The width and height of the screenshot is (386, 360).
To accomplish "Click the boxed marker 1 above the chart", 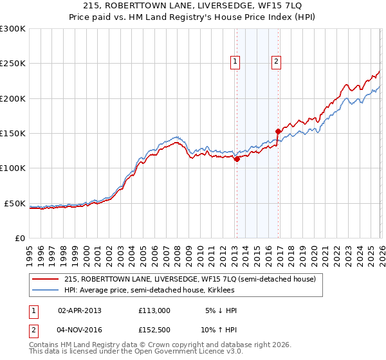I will click(235, 62).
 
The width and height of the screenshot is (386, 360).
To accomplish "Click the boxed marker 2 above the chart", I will click(276, 62).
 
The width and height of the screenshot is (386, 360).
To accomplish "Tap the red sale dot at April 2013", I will click(237, 159).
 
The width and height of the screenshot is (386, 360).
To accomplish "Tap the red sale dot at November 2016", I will click(278, 132).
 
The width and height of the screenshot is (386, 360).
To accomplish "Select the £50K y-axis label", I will click(15, 203).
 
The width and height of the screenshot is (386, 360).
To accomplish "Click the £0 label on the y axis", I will click(20, 238).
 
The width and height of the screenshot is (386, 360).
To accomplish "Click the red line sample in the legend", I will click(45, 280).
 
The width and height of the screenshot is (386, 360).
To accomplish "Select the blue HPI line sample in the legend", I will click(45, 291).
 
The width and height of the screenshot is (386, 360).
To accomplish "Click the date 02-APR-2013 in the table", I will click(80, 310).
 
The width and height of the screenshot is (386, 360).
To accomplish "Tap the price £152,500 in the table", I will click(154, 330).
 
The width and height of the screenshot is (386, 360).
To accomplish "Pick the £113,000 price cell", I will click(154, 310).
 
